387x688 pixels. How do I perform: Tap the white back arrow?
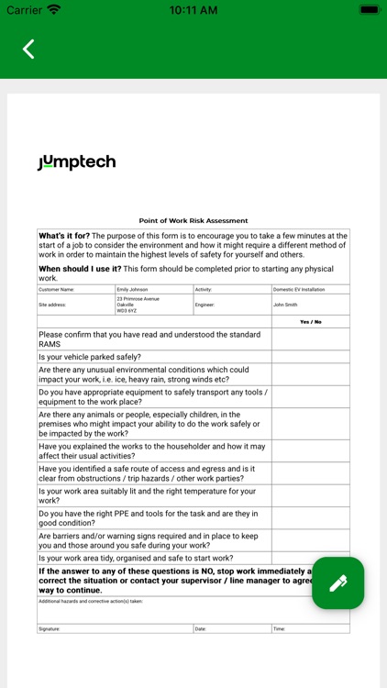[x=28, y=49]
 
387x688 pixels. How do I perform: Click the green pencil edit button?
[x=337, y=583]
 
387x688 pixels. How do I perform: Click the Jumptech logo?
[x=77, y=162]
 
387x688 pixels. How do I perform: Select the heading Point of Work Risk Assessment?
[x=193, y=221]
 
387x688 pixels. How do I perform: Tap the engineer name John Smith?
[x=285, y=305]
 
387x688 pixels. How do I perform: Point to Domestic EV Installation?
[x=299, y=289]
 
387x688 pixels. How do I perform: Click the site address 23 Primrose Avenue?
[x=138, y=299]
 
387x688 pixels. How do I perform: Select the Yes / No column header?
[x=311, y=322]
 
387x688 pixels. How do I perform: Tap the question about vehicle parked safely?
[x=90, y=357]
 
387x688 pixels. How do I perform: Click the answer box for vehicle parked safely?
[x=311, y=357]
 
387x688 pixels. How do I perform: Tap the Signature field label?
[x=50, y=628]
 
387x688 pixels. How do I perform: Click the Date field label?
[x=201, y=628]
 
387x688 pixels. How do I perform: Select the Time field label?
[x=279, y=628]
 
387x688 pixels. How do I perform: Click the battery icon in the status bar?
[x=369, y=9]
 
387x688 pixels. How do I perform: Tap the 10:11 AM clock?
[x=193, y=9]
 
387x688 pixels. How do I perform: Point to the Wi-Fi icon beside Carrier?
[x=54, y=9]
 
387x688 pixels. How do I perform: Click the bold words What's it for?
[x=70, y=236]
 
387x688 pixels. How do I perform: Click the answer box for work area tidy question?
[x=311, y=558]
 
